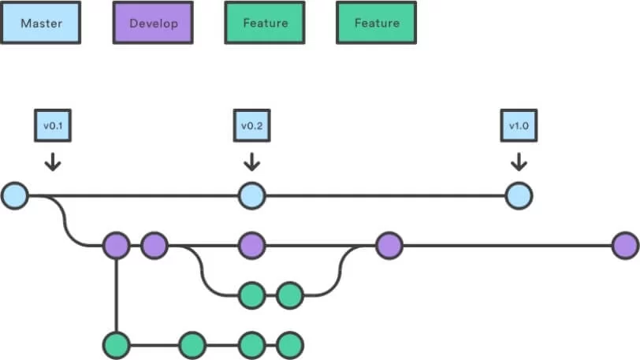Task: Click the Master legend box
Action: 40,23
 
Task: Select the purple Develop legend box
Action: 153,23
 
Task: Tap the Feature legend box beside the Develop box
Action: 265,23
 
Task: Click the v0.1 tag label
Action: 53,126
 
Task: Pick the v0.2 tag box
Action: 252,126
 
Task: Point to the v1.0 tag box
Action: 519,126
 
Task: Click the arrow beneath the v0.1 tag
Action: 53,162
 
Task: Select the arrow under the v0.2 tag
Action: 252,162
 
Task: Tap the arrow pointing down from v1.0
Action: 519,162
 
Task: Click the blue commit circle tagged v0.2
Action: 252,196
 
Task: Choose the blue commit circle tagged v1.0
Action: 519,196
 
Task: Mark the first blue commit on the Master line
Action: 15,196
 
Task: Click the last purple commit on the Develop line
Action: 625,246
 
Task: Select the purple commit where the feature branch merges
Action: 389,246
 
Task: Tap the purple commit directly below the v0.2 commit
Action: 252,246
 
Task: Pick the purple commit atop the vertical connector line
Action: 117,246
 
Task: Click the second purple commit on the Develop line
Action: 154,246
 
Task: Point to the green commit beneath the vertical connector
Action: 117,345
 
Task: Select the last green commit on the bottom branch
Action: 290,345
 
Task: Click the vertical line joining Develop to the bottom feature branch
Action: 117,295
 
